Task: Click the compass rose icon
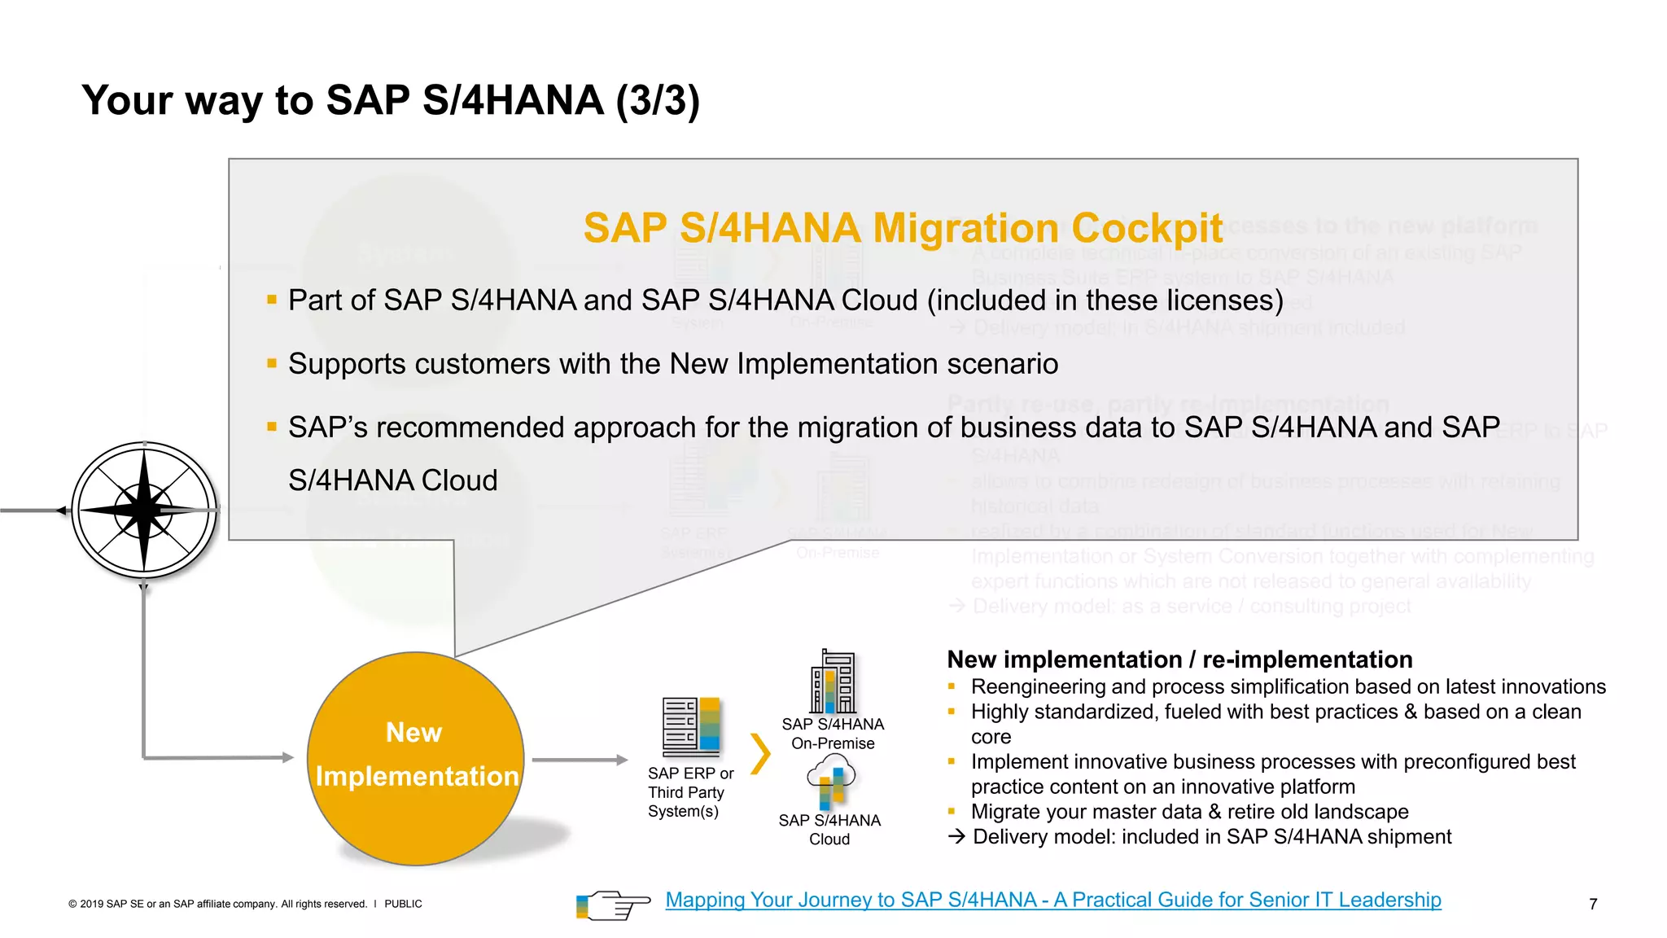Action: pos(144,511)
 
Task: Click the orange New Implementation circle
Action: pos(415,757)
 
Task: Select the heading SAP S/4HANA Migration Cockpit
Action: pos(903,228)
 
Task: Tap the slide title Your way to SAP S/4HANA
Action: pos(391,101)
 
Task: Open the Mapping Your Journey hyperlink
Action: pos(1052,900)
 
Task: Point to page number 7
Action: pos(1592,904)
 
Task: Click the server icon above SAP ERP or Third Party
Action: pos(691,726)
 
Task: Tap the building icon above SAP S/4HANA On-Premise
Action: pos(833,682)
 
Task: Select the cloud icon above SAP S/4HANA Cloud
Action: pos(831,780)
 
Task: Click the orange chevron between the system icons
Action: pos(759,754)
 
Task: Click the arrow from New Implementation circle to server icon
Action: pos(580,760)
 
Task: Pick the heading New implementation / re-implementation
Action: pos(1179,660)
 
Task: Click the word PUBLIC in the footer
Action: pos(403,904)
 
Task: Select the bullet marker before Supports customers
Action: pos(272,363)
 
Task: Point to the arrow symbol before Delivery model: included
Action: pos(956,836)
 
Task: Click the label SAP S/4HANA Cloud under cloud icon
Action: pos(829,830)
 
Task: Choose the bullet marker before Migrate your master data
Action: pos(951,811)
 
